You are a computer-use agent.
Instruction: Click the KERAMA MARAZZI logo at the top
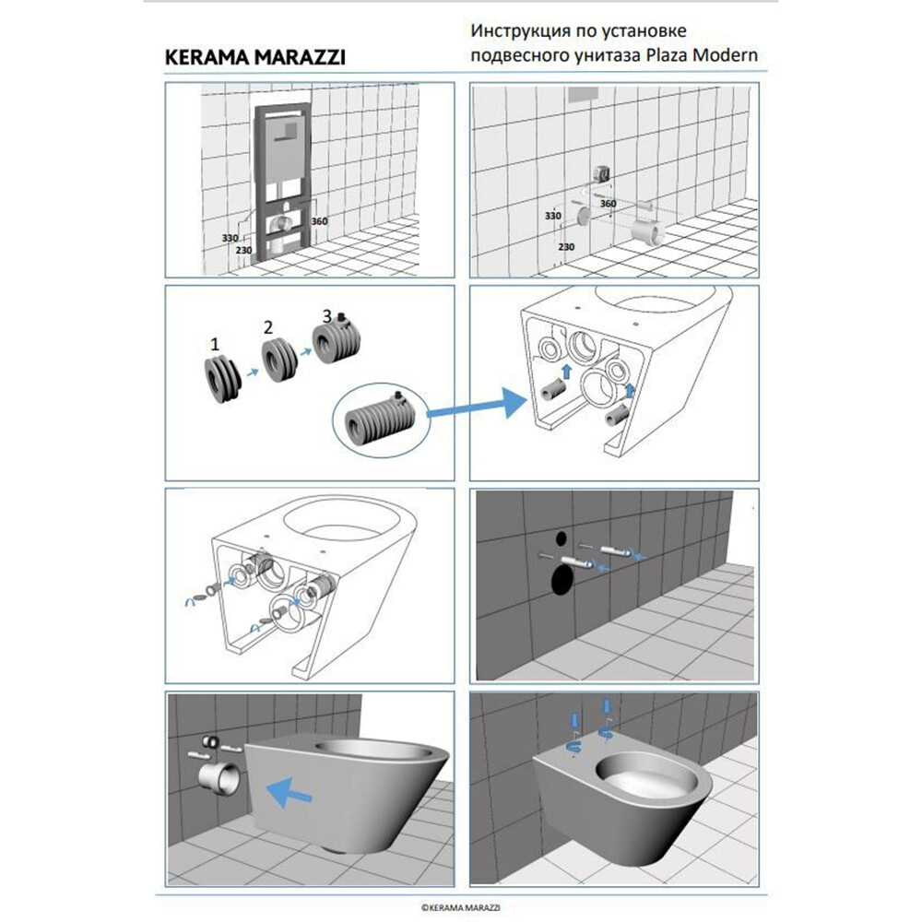tap(254, 57)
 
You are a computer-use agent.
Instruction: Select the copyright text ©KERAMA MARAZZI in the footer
tap(460, 908)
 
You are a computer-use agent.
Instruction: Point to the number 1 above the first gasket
tap(215, 344)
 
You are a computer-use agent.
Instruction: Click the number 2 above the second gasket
tap(268, 327)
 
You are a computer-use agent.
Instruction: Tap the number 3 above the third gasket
tap(327, 316)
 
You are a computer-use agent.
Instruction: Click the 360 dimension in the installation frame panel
tap(319, 221)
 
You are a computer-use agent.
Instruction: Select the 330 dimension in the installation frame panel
tap(230, 238)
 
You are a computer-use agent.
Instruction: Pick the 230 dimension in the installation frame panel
tap(244, 250)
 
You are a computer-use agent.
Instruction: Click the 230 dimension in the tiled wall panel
tap(566, 247)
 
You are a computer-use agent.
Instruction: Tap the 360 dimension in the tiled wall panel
tap(608, 204)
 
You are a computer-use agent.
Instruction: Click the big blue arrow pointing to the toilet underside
tap(477, 404)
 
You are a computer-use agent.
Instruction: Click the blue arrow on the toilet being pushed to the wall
tap(289, 791)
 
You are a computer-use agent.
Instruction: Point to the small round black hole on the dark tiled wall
tap(561, 538)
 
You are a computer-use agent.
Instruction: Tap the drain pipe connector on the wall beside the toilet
tap(219, 779)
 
